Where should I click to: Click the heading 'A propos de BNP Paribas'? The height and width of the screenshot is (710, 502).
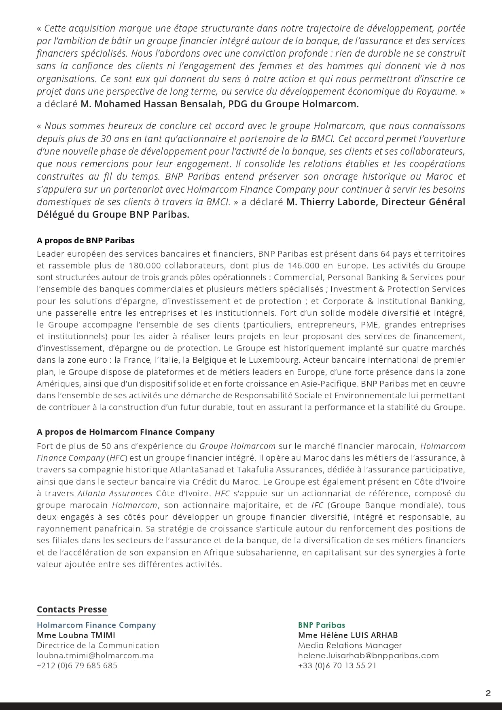(x=85, y=240)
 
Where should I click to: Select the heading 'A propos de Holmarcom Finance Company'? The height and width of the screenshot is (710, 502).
(x=125, y=432)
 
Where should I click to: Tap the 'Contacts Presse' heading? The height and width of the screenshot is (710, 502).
(x=72, y=610)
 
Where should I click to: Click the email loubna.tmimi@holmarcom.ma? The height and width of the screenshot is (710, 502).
(x=95, y=655)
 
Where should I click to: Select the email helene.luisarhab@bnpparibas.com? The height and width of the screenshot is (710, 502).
(x=368, y=655)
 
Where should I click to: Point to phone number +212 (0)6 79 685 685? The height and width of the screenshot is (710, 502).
(x=77, y=665)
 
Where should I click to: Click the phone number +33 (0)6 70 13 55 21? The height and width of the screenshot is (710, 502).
(x=337, y=665)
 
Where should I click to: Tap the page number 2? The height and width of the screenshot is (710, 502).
(x=488, y=693)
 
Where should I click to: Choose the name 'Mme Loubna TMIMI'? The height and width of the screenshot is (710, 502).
(x=76, y=635)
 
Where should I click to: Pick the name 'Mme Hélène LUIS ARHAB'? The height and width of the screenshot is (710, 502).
(x=348, y=635)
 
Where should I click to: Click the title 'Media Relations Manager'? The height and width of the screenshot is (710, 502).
(x=350, y=645)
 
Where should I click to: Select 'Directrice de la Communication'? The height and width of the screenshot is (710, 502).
(x=98, y=645)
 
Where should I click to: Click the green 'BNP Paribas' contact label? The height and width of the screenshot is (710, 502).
(x=322, y=625)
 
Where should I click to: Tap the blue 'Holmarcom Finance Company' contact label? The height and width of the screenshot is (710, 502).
(x=96, y=625)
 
